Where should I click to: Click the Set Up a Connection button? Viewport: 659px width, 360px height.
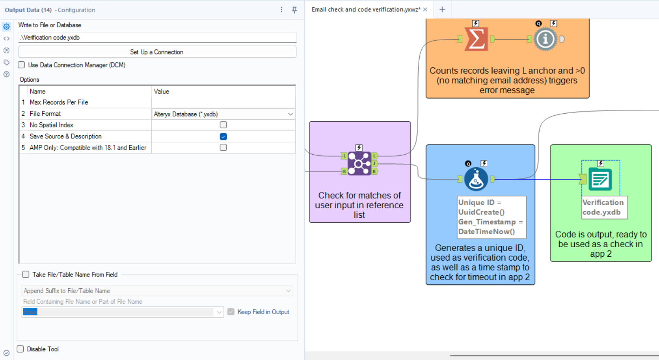(157, 52)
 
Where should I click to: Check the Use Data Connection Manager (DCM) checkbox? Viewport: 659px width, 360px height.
(22, 65)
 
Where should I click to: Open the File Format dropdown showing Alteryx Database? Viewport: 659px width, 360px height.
(223, 114)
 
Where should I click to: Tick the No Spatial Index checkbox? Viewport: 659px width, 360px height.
(223, 125)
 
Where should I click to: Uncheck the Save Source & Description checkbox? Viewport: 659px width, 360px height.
(223, 137)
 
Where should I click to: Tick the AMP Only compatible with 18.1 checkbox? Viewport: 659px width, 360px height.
(223, 147)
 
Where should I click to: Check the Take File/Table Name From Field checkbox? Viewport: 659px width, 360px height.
(26, 274)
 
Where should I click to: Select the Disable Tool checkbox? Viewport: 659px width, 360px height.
(20, 349)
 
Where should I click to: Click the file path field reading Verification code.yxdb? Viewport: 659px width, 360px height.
(157, 38)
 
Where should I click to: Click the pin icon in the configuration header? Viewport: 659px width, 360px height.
(294, 10)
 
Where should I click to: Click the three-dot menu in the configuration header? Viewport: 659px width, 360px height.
(281, 10)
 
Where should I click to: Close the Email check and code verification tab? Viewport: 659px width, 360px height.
(425, 10)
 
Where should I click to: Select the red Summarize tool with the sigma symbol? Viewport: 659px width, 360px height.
(476, 39)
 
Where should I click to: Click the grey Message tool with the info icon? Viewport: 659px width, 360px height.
(545, 39)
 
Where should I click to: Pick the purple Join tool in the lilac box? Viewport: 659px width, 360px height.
(360, 163)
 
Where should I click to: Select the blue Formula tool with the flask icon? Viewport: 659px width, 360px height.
(476, 179)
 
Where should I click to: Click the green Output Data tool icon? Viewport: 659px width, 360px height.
(600, 179)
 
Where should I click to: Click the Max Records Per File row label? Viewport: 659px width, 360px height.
(59, 102)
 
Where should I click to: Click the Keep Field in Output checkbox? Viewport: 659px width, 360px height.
(231, 312)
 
